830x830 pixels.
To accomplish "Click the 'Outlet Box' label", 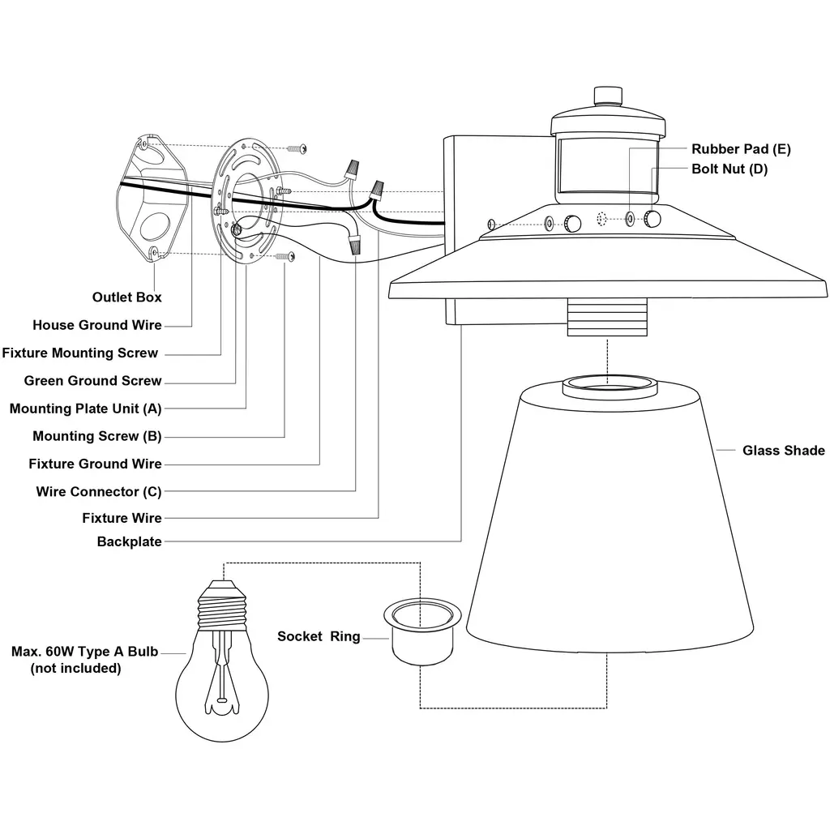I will [126, 297].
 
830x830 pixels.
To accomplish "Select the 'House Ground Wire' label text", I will [96, 325].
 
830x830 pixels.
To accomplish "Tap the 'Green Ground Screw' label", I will [92, 381].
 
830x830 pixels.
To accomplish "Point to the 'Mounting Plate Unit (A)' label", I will [85, 409].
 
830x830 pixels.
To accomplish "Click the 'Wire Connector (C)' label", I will [98, 491].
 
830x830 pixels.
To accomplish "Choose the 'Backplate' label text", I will [129, 541].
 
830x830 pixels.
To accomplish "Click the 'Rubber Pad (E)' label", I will [741, 149].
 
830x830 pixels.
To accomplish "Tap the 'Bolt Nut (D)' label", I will [729, 169].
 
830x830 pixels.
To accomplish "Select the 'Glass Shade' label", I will [783, 451].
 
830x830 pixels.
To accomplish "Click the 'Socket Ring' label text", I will [319, 636].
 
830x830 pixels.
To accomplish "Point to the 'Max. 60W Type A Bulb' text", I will [84, 652].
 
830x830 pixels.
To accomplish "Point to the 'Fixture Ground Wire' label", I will [95, 464].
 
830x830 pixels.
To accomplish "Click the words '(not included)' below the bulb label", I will [75, 669].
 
